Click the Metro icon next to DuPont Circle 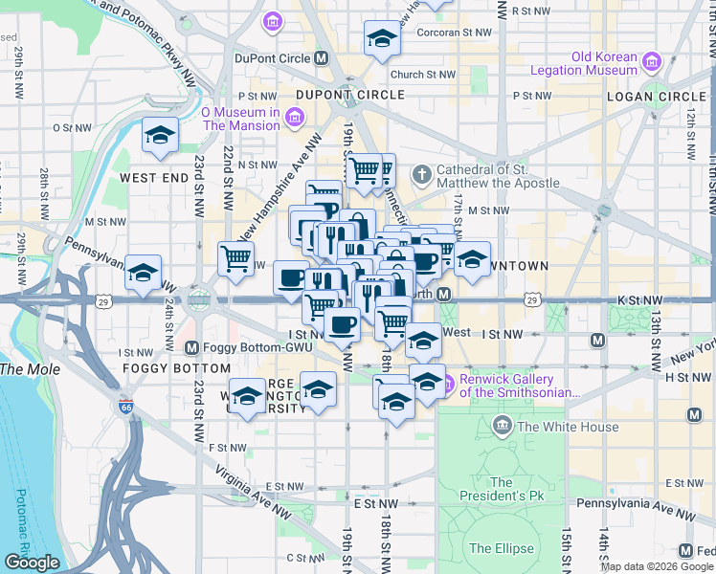[322, 58]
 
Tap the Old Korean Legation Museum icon [654, 62]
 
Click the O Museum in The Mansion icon [295, 118]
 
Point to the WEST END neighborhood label [151, 178]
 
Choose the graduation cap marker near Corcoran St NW [381, 40]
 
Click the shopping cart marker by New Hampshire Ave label [235, 257]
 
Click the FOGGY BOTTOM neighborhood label [176, 367]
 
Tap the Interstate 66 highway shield [124, 407]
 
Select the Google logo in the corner [31, 563]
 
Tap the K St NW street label [640, 299]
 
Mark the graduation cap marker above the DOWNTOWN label [471, 258]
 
